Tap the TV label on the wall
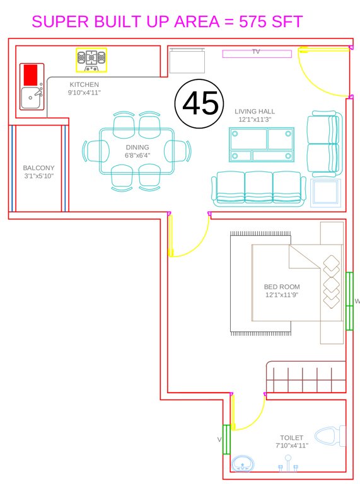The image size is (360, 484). [256, 51]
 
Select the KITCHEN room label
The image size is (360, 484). [84, 84]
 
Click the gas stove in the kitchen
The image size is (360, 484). [91, 59]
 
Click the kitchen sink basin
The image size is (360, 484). [30, 98]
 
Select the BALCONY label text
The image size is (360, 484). [38, 168]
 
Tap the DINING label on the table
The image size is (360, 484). [137, 147]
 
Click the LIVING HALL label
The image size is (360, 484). [255, 112]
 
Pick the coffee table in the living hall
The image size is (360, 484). [262, 144]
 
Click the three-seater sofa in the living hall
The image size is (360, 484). [258, 188]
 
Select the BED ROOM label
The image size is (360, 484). [281, 287]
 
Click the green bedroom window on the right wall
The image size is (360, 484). [349, 301]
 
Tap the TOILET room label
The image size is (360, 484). [291, 437]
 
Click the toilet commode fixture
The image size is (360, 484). [330, 436]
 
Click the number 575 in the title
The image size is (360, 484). [255, 22]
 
